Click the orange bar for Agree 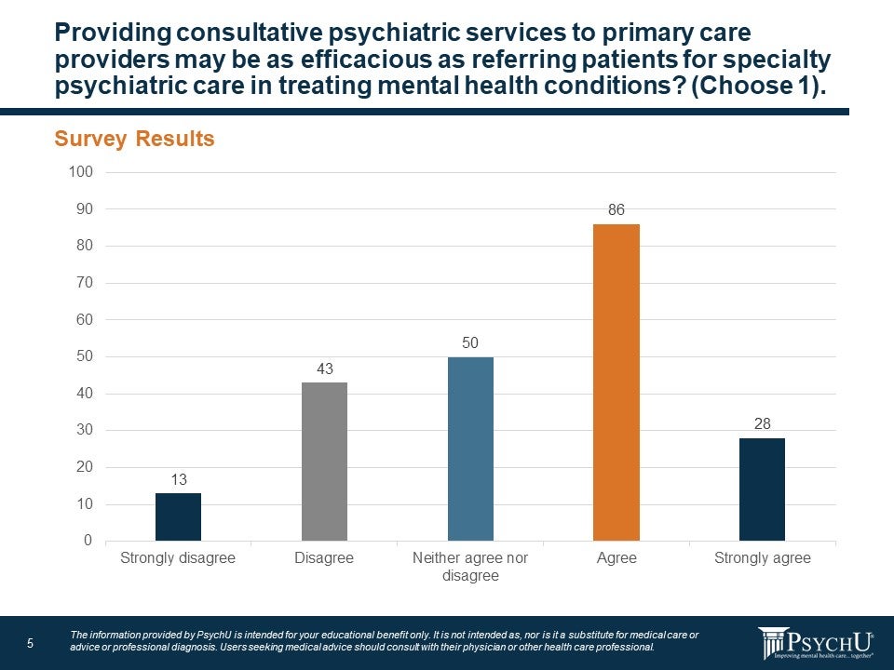(x=616, y=382)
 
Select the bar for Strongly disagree (x=178, y=516)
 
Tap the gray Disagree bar (x=324, y=462)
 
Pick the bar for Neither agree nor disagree (x=470, y=449)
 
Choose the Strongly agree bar (x=762, y=489)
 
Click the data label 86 (x=616, y=210)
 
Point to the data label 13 (x=178, y=479)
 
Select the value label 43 (x=324, y=369)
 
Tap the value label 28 (x=762, y=424)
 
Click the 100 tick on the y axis (x=81, y=172)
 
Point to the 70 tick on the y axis (x=85, y=283)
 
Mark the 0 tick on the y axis (x=88, y=541)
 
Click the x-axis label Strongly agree (x=762, y=558)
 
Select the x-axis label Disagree (x=324, y=558)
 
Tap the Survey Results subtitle (x=134, y=140)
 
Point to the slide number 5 (x=30, y=643)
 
